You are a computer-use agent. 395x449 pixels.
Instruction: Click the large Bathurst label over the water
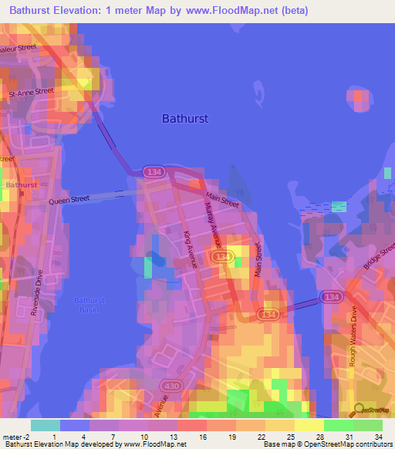185,119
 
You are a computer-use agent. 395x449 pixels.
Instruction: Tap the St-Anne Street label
31,91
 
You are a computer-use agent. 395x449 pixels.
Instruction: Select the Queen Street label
69,199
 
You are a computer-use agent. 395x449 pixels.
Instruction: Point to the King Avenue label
191,250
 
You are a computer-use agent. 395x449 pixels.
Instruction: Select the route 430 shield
170,384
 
